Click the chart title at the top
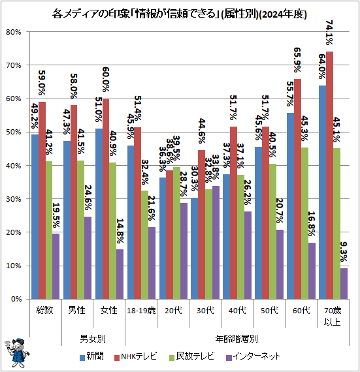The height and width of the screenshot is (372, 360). (180, 14)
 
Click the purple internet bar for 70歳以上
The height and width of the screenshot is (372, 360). (344, 283)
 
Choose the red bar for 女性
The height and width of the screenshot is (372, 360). (106, 199)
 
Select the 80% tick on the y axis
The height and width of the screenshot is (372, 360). (14, 32)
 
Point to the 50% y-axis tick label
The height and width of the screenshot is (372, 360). (14, 132)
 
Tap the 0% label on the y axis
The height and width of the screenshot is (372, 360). (16, 300)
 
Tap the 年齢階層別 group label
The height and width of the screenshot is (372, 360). (237, 339)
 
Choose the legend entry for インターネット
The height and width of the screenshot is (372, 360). (255, 356)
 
